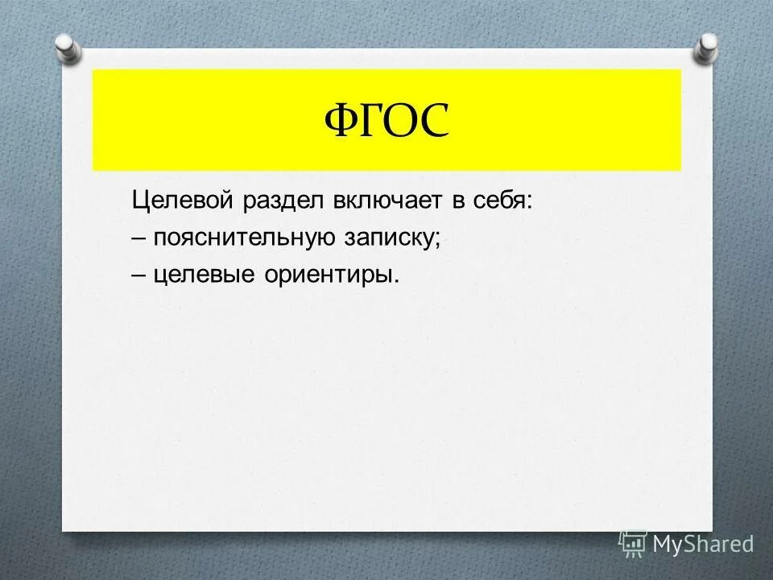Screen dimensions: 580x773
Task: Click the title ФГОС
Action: click(x=386, y=121)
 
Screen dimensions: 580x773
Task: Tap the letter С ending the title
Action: click(x=432, y=122)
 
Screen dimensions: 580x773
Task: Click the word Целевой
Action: click(x=181, y=200)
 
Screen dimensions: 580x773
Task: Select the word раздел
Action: click(x=279, y=200)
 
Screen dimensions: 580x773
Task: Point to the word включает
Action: click(x=386, y=200)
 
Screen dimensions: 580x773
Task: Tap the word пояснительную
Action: click(x=247, y=238)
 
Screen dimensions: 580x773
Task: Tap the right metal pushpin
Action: click(x=705, y=47)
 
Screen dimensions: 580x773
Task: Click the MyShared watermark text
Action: click(x=703, y=544)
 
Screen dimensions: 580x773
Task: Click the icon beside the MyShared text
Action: click(x=633, y=544)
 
